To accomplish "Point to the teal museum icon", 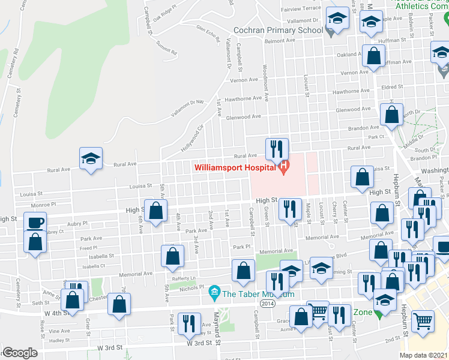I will [213, 294].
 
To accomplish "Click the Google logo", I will [20, 353].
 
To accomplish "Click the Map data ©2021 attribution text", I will [424, 355].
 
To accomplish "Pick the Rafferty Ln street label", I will [184, 278].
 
